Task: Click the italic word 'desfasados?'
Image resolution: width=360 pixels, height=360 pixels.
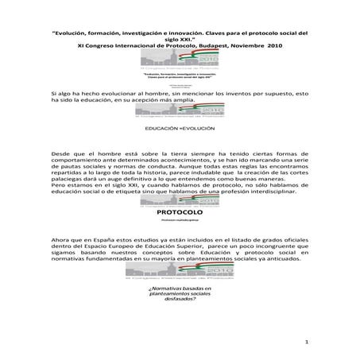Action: pos(180,310)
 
